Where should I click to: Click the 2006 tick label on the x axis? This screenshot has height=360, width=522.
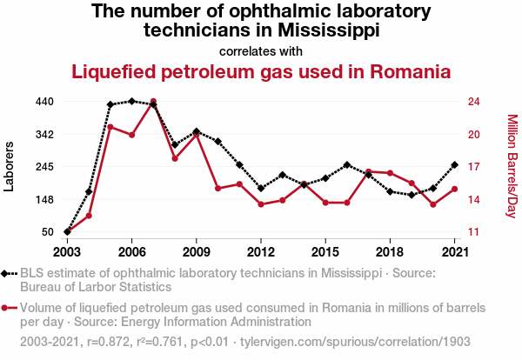click(131, 252)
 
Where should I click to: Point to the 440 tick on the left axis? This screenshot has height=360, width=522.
click(45, 102)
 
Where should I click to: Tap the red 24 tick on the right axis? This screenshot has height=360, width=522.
click(473, 102)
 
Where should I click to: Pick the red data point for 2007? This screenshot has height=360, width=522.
click(153, 102)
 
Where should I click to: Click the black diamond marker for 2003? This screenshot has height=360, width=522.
click(67, 232)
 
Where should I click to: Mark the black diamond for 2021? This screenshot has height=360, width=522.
click(455, 165)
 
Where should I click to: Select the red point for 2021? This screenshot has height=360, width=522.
click(455, 189)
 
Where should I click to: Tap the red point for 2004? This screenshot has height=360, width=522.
click(89, 216)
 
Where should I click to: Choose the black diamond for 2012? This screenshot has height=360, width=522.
click(261, 188)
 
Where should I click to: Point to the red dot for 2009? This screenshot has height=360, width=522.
click(197, 134)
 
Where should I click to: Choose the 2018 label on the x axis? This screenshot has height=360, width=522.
click(390, 252)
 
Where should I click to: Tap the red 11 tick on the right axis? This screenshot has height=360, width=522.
click(473, 232)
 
